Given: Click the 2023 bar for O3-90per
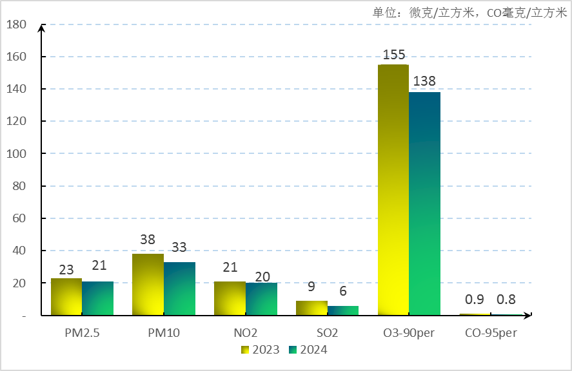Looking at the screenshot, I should pyautogui.click(x=393, y=190).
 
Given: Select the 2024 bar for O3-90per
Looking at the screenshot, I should pyautogui.click(x=424, y=204).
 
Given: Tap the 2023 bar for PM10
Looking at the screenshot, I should pyautogui.click(x=148, y=285).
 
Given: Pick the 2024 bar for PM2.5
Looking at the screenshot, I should pyautogui.click(x=97, y=298).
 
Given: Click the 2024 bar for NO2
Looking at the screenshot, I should pyautogui.click(x=261, y=299).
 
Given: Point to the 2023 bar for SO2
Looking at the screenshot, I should pyautogui.click(x=311, y=308).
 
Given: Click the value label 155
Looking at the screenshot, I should pyautogui.click(x=393, y=55).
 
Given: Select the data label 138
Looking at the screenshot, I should pyautogui.click(x=424, y=82).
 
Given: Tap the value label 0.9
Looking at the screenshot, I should pyautogui.click(x=475, y=300).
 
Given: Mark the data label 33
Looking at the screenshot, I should pyautogui.click(x=179, y=247).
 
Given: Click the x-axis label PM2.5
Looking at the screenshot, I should pyautogui.click(x=82, y=333).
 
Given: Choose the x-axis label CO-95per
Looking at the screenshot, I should pyautogui.click(x=491, y=333).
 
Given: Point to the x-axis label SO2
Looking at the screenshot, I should pyautogui.click(x=327, y=333).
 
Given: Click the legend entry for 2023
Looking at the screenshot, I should pyautogui.click(x=261, y=350).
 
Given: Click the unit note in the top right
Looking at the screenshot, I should pyautogui.click(x=469, y=12).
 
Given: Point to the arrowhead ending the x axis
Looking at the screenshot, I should pyautogui.click(x=528, y=316).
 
